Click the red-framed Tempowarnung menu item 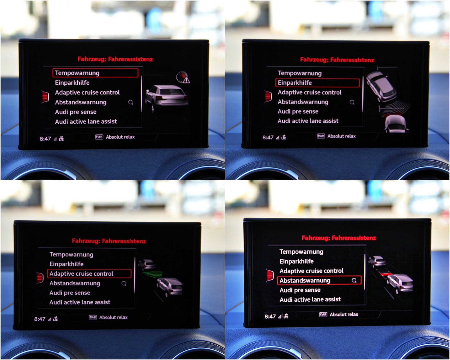(95, 73)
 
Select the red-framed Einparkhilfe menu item (318, 83)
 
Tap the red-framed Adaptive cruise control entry (89, 274)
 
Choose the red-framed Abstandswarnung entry (319, 280)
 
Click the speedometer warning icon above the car (183, 77)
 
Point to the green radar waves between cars (152, 274)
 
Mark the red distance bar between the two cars (386, 274)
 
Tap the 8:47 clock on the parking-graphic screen (268, 138)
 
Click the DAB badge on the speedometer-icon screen (99, 137)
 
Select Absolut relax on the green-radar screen (113, 317)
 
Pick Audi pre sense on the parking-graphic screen (298, 111)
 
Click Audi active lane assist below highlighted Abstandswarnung (310, 300)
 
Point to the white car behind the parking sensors (396, 124)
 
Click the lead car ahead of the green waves (147, 264)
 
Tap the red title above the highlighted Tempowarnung (115, 59)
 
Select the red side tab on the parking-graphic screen (268, 96)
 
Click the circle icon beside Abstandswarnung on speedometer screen (131, 102)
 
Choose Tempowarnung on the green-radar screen (71, 255)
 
